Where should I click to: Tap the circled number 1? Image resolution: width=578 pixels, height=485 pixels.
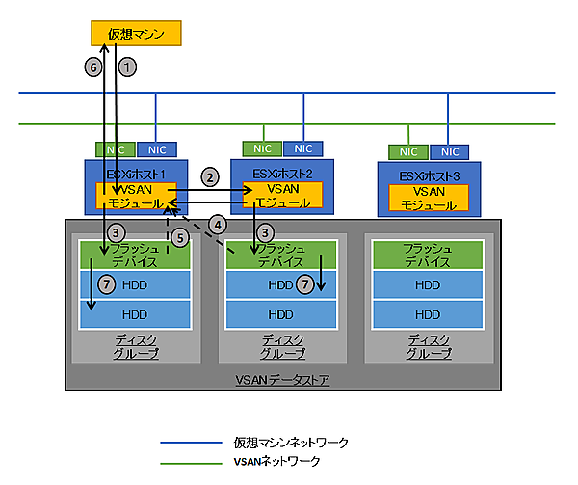tap(126, 67)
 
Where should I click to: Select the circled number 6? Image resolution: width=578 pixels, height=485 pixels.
tap(93, 67)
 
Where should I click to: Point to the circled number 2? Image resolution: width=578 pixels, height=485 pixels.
tap(208, 178)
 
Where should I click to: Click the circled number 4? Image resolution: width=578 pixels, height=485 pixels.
tap(219, 224)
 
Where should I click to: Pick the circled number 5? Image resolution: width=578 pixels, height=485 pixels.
tap(179, 237)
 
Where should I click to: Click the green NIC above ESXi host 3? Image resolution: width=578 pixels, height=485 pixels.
tap(408, 151)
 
